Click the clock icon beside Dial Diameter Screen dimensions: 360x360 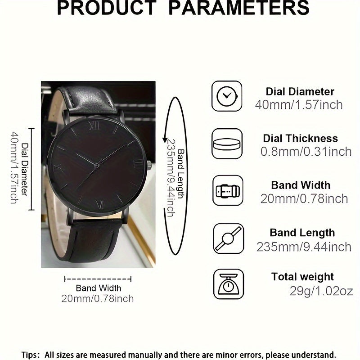[x=227, y=97]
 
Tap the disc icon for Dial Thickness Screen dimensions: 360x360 [x=227, y=144]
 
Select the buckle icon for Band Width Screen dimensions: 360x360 [x=227, y=191]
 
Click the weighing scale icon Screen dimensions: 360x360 [x=227, y=283]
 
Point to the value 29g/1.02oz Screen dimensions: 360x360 [x=315, y=291]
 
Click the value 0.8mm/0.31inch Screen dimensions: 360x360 [x=306, y=152]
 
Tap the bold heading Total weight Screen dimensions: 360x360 [x=302, y=276]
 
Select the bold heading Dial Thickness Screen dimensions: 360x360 [x=300, y=138]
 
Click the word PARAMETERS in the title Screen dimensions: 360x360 [x=243, y=8]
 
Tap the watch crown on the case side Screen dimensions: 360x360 [x=150, y=165]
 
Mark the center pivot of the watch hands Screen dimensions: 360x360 [x=97, y=166]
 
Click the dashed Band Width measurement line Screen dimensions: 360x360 [x=98, y=279]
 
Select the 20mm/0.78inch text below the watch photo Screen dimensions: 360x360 [x=98, y=298]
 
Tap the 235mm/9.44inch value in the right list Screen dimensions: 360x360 [x=304, y=247]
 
